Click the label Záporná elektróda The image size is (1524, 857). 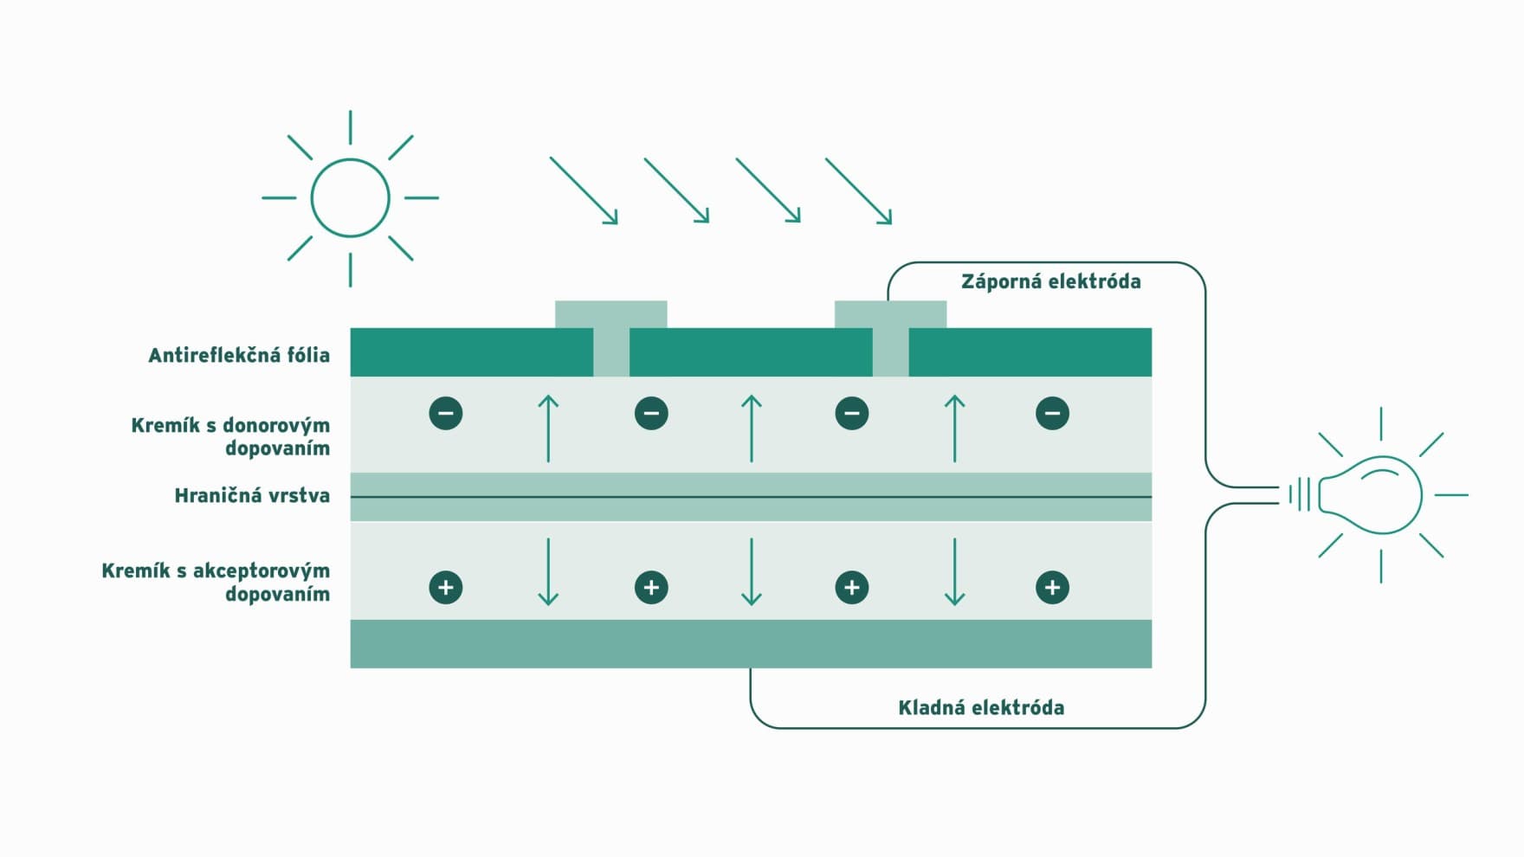[x=1050, y=281]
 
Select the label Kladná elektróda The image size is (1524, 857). [x=981, y=707]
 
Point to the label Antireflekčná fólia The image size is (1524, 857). [x=239, y=355]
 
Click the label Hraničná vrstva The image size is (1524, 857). [x=252, y=495]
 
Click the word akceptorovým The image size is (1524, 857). [x=262, y=570]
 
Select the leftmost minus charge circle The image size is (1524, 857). [x=446, y=413]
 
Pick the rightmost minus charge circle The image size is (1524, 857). [x=1052, y=413]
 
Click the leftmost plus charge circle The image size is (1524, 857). [x=446, y=588]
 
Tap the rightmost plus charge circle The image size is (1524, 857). [x=1052, y=588]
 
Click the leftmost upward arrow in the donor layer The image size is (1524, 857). [x=548, y=428]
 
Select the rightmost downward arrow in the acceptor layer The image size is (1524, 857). [x=954, y=571]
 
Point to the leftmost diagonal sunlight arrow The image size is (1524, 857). [x=584, y=190]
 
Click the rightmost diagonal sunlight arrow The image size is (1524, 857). [x=858, y=190]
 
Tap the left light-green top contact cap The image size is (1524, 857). [x=610, y=314]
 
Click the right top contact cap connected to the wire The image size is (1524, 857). [x=890, y=314]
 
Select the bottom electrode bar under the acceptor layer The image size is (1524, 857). [x=751, y=643]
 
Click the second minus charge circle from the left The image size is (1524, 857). [x=651, y=413]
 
